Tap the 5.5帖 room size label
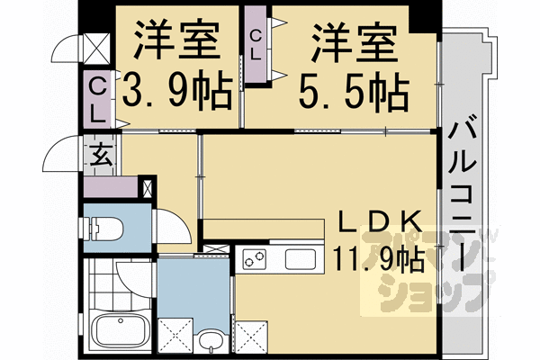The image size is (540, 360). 354,90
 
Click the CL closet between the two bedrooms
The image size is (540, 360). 256,47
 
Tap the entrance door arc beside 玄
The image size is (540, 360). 65,153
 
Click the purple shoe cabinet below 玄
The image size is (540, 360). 112,188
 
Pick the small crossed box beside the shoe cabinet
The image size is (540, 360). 148,188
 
